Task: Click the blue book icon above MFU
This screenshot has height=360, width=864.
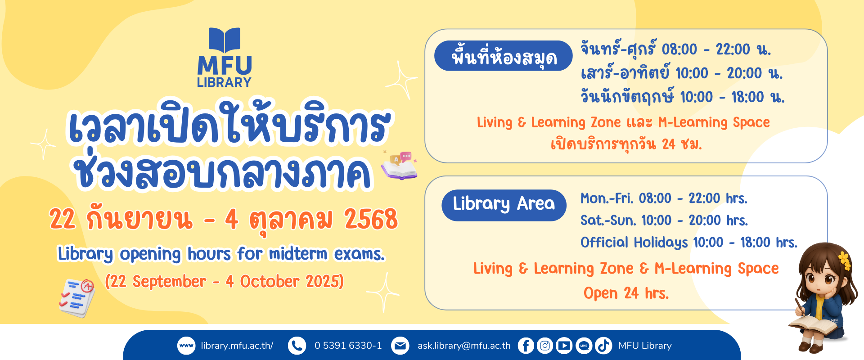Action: [x=225, y=40]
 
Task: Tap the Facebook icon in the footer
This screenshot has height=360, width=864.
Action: [x=526, y=346]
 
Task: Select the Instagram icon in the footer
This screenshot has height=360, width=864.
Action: [x=545, y=346]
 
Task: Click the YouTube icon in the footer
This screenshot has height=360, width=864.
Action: [x=564, y=346]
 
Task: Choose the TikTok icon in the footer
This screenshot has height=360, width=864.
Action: [x=603, y=346]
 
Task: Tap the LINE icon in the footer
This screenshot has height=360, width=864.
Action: [x=584, y=346]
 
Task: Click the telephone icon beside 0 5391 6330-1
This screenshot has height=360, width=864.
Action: [x=297, y=346]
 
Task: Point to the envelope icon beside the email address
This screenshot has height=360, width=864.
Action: [x=400, y=346]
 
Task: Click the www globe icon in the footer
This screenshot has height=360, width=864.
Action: [x=186, y=346]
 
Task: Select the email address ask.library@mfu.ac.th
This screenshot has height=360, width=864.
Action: [x=464, y=346]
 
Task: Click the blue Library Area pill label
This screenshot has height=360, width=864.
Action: [x=504, y=205]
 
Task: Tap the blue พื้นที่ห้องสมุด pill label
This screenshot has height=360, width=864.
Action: [x=504, y=56]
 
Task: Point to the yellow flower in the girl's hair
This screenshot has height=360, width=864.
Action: [x=845, y=261]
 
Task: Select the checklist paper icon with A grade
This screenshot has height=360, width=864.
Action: [x=77, y=297]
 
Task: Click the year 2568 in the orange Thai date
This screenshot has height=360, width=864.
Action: [x=371, y=220]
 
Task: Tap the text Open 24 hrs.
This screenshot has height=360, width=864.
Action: [x=626, y=293]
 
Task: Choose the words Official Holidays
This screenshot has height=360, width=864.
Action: [x=634, y=243]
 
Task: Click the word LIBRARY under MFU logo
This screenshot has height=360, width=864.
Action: [x=224, y=82]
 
